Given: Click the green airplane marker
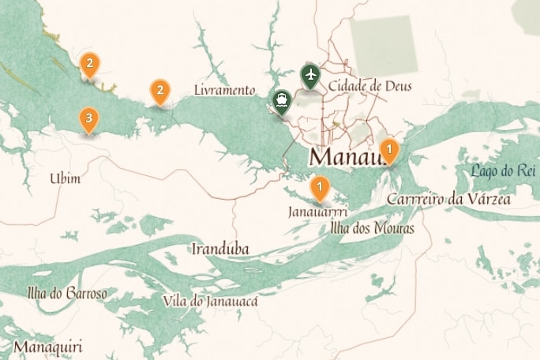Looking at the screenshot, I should click(310, 76).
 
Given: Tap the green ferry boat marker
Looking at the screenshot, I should click(280, 100).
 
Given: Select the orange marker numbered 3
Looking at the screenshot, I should click(88, 120).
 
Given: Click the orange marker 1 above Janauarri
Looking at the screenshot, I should click(320, 189).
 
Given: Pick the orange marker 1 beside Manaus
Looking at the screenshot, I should click(388, 149).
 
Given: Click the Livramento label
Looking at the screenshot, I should click(225, 90).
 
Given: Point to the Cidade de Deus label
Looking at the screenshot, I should click(370, 85).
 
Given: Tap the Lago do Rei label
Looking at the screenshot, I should click(503, 171).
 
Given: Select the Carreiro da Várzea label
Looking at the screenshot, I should click(448, 199).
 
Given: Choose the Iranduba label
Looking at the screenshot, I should click(220, 249).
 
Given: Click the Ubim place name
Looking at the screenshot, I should click(66, 178).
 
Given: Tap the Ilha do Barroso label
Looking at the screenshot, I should click(67, 294).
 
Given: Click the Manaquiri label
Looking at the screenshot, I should click(47, 347).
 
